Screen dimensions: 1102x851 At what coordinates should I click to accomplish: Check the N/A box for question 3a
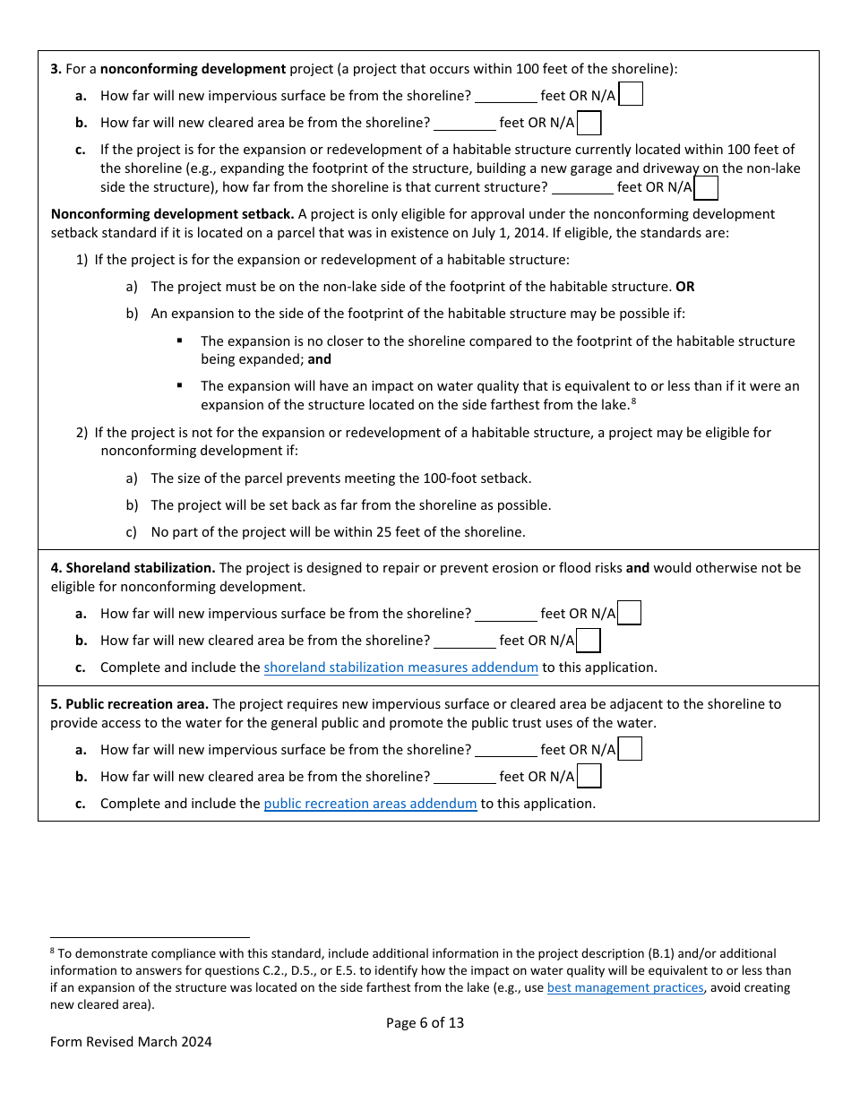[631, 95]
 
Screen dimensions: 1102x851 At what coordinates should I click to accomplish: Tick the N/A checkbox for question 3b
[589, 123]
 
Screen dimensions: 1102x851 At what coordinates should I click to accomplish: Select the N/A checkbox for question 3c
[706, 187]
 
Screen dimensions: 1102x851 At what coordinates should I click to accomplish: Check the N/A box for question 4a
[630, 613]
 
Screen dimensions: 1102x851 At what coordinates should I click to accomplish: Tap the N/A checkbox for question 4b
[589, 641]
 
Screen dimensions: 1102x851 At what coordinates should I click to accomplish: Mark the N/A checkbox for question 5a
[631, 749]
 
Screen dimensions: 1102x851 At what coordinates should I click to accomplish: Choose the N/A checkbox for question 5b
[589, 776]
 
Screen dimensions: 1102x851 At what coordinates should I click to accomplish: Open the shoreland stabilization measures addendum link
[400, 667]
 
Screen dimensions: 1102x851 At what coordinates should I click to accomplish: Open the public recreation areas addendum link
[370, 804]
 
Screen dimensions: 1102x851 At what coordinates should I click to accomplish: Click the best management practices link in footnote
[625, 987]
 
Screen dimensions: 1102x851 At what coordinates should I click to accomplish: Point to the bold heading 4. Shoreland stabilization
[133, 568]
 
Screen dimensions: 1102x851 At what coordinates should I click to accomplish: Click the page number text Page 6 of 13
[425, 1022]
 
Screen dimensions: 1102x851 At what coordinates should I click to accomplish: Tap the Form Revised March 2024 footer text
[131, 1042]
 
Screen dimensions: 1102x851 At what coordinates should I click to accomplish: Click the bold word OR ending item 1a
[684, 287]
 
